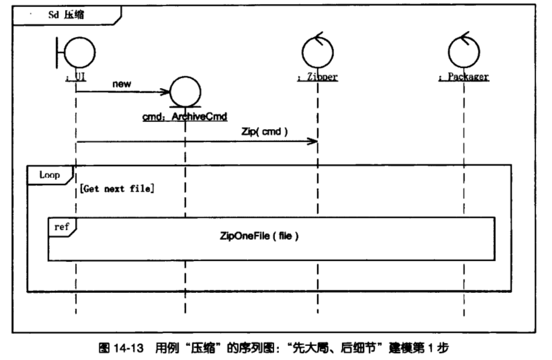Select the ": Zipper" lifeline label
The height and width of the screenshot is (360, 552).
[317, 77]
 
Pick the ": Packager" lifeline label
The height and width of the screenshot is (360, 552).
[464, 77]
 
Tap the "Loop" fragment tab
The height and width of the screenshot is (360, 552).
[50, 174]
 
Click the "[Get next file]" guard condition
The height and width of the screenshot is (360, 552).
[117, 188]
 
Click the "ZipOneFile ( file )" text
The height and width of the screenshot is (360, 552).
[259, 236]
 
